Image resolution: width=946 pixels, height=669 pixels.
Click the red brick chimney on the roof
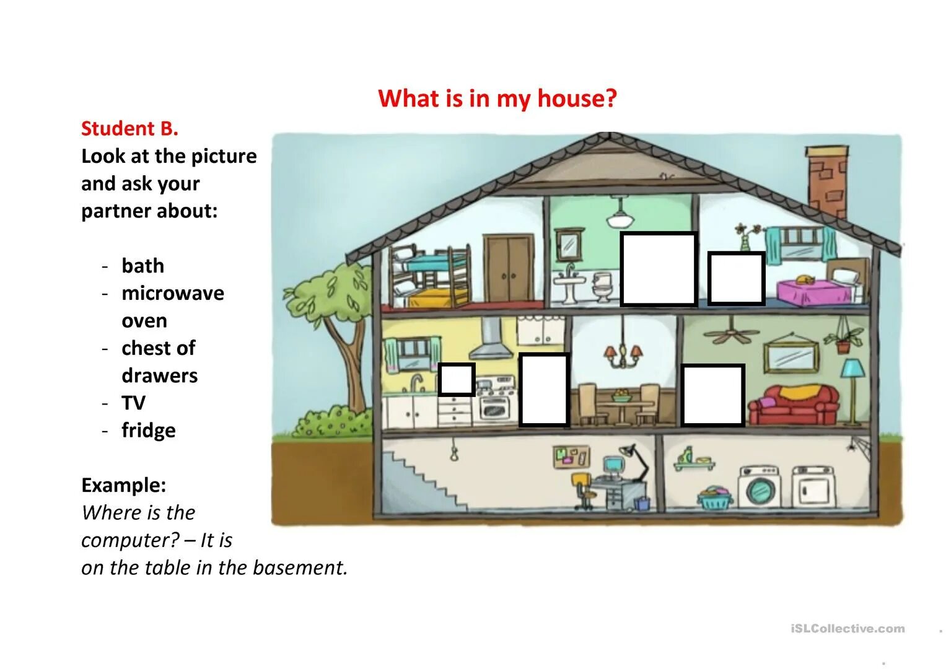(826, 179)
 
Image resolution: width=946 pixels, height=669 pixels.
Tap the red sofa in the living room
(794, 406)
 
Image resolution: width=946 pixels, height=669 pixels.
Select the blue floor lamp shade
(852, 368)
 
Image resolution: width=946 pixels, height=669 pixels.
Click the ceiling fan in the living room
(732, 333)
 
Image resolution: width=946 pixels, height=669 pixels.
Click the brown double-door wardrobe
(509, 269)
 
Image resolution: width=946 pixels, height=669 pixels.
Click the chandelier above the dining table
(623, 354)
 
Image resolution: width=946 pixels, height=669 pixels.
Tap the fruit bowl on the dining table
(621, 395)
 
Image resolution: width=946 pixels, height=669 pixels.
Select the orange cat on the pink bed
(804, 279)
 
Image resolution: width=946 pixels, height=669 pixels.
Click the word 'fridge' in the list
(149, 430)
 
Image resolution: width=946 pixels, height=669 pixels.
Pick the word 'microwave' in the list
(173, 293)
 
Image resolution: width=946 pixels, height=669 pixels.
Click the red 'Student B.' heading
(129, 128)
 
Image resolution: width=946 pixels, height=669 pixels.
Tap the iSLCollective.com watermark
(847, 629)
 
